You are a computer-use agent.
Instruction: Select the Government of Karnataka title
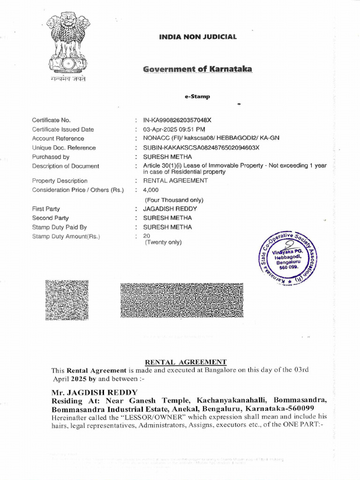point(197,69)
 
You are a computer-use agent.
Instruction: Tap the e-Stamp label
point(197,97)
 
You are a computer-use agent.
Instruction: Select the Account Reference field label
point(58,139)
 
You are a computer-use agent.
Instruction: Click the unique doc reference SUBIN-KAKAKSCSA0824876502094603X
point(201,148)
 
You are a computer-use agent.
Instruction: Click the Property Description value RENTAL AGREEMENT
point(175,180)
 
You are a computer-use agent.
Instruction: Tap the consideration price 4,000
point(151,190)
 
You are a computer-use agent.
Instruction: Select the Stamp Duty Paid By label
point(60,227)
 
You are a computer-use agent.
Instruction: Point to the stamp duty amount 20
point(147,236)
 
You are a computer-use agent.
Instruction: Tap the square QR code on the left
point(66,300)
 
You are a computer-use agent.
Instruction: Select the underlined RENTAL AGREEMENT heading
point(186,362)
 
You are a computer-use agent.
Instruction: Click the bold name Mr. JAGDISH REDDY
point(95,392)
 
